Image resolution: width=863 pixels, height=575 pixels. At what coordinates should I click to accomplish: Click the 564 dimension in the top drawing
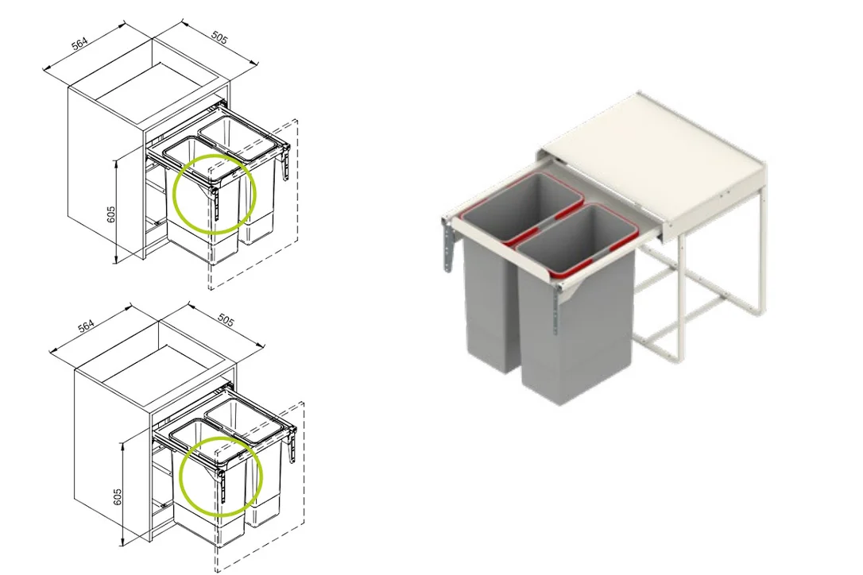coord(79,44)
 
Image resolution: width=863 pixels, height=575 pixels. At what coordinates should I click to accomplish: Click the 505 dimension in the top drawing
coord(219,37)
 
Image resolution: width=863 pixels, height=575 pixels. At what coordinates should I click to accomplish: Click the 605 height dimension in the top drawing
coord(111,214)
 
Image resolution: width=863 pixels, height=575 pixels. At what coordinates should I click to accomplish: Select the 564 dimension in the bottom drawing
coord(87,326)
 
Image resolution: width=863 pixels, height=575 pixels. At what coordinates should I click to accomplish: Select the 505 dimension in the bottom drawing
coord(226,320)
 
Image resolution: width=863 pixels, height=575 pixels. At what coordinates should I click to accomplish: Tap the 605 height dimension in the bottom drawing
coord(118,497)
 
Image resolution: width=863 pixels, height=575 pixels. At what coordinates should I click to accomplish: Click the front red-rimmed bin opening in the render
coord(578,238)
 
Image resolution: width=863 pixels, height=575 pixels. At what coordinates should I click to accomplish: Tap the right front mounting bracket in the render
coord(557,309)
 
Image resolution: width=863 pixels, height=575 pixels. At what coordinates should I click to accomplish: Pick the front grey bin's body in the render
coord(575,330)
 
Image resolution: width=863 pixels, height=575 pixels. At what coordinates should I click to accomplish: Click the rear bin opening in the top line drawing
coord(236,137)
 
